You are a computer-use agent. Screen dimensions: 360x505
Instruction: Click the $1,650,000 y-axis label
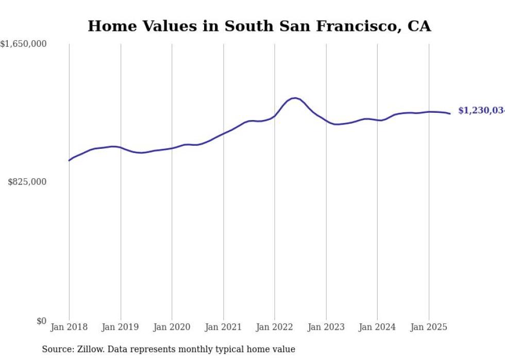point(23,44)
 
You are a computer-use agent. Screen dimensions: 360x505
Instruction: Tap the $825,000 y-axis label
point(27,182)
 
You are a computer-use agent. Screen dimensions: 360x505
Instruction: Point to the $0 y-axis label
point(41,321)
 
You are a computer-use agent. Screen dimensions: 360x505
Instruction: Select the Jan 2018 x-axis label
point(69,327)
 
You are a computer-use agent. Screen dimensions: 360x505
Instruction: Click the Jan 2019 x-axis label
point(121,327)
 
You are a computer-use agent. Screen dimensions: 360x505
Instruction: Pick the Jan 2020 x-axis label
point(172,327)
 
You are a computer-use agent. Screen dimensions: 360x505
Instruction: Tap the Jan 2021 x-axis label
point(223,327)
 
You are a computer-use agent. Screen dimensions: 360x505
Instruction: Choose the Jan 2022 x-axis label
point(275,327)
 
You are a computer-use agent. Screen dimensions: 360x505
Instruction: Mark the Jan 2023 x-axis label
point(326,327)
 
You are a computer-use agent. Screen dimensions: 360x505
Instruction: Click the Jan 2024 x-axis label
point(377,327)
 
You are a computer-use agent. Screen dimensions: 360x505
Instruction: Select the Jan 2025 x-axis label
point(429,327)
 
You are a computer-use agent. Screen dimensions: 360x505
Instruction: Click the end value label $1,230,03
point(481,111)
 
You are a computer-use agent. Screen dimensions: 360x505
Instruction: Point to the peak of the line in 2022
point(294,98)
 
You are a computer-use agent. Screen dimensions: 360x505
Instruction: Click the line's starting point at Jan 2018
point(69,160)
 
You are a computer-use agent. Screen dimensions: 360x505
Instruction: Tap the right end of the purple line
point(450,113)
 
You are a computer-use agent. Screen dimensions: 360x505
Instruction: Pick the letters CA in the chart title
point(419,26)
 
